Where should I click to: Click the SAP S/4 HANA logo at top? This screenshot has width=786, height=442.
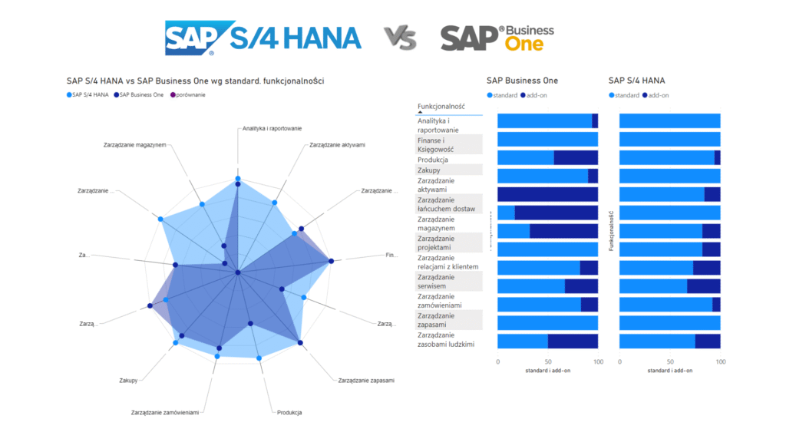coord(263,38)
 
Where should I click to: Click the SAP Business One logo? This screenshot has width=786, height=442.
coord(497,38)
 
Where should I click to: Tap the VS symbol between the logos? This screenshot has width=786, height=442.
coord(400,38)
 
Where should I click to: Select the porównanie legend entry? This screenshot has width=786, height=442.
coord(190,94)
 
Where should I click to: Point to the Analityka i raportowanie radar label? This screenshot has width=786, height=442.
coord(272,128)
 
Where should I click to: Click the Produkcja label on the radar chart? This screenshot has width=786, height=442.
coord(289,413)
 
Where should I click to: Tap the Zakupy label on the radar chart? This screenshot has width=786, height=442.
coord(128,381)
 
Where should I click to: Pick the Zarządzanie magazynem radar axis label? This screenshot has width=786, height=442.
coord(134,144)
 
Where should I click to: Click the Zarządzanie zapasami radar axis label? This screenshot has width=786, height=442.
coord(366,381)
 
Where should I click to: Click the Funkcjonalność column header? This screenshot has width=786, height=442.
coord(441,106)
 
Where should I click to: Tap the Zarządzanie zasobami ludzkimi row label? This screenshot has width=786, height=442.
coord(446,340)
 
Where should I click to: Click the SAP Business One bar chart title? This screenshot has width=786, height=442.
coord(522,81)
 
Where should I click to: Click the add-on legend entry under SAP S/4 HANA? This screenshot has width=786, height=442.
coord(656,95)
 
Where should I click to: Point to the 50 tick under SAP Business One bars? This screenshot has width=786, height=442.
coord(548,361)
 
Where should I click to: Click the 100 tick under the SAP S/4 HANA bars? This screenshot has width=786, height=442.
coord(719,361)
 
